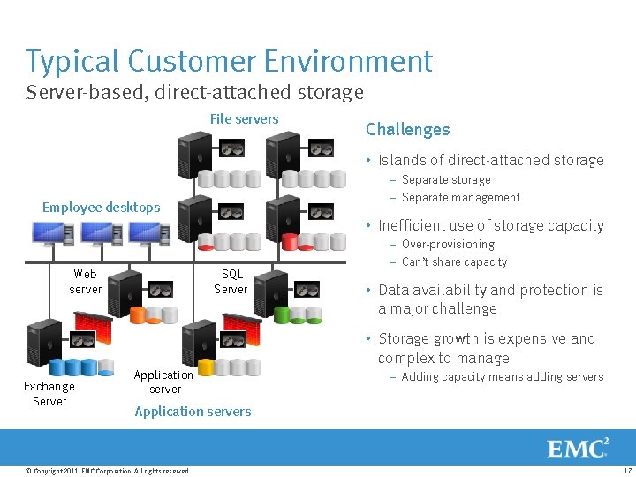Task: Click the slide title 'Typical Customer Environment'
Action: pos(229,62)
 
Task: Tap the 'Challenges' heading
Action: pos(407,130)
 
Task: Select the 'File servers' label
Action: pos(244,119)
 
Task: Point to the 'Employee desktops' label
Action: pos(102,208)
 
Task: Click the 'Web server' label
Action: pos(86,282)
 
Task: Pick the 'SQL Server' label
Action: pos(231,282)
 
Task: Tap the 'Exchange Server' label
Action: pos(49,394)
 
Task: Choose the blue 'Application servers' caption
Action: pos(193,412)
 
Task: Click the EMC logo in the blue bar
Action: pos(578,448)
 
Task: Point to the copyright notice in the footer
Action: pos(108,471)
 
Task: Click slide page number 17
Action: pos(626,471)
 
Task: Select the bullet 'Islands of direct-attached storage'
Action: pos(490,161)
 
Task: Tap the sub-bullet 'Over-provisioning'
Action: pos(448,245)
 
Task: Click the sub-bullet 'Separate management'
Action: pos(460,198)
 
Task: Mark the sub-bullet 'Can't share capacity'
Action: pos(454,262)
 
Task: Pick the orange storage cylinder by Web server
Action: pos(138,314)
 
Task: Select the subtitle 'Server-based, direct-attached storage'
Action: pos(194,92)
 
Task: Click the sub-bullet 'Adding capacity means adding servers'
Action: pos(502,377)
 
